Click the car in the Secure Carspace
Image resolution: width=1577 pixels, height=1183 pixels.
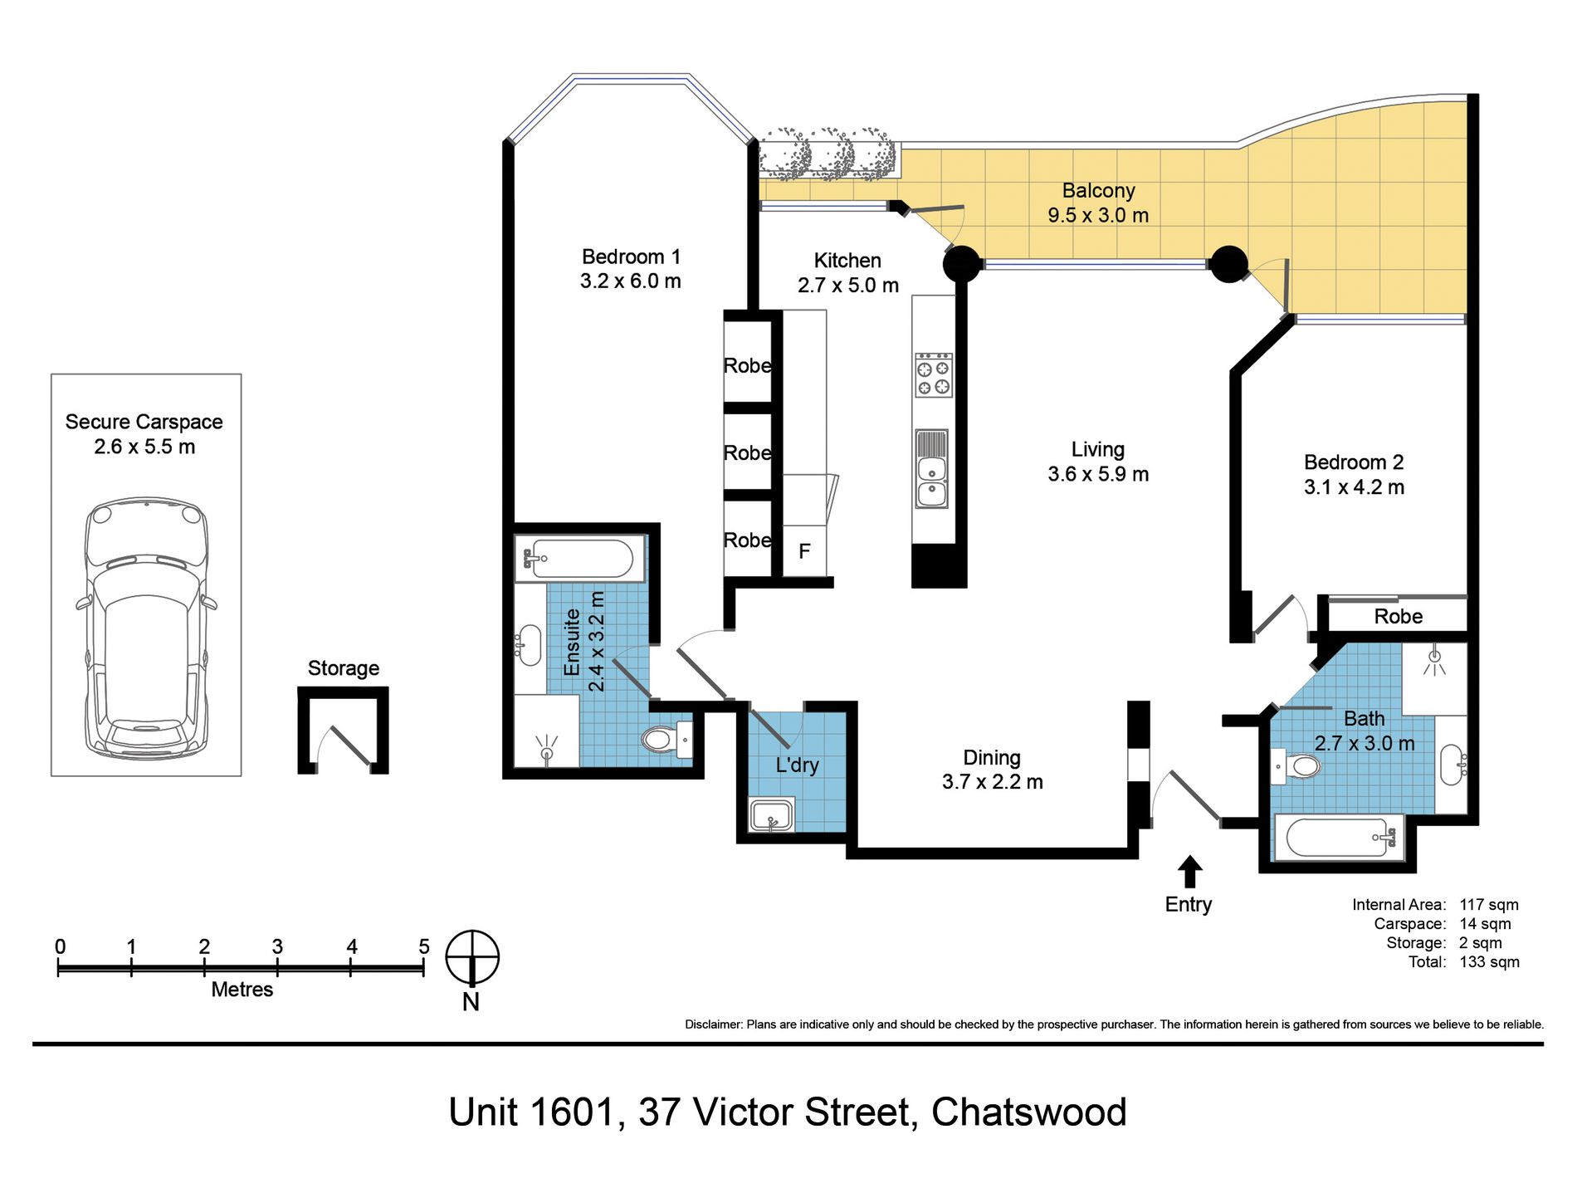[x=145, y=628]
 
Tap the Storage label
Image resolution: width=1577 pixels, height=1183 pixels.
[x=343, y=668]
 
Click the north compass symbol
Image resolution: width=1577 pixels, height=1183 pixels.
[x=472, y=958]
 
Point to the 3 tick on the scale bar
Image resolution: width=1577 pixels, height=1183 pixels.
[x=277, y=966]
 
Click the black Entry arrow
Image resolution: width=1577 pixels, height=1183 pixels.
[x=1189, y=872]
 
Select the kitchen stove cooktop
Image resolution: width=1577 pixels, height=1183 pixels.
[x=933, y=375]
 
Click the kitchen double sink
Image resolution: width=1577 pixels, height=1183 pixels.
[x=931, y=469]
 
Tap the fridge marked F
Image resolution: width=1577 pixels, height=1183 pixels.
[x=804, y=550]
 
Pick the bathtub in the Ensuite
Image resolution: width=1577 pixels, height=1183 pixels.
[x=579, y=559]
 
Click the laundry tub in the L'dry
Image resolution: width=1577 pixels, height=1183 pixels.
[x=772, y=815]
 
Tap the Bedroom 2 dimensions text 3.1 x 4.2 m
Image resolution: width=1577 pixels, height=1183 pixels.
[x=1354, y=487]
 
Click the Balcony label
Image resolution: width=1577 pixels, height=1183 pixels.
[x=1098, y=191]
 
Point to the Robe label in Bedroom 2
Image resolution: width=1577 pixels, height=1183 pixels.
[x=1398, y=616]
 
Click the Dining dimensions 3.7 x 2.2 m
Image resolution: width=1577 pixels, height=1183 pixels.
[x=992, y=782]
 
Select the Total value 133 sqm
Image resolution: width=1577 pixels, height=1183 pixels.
[x=1489, y=962]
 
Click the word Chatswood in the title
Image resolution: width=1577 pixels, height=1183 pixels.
[x=1028, y=1112]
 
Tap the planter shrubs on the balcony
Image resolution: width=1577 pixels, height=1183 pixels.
[x=829, y=154]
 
